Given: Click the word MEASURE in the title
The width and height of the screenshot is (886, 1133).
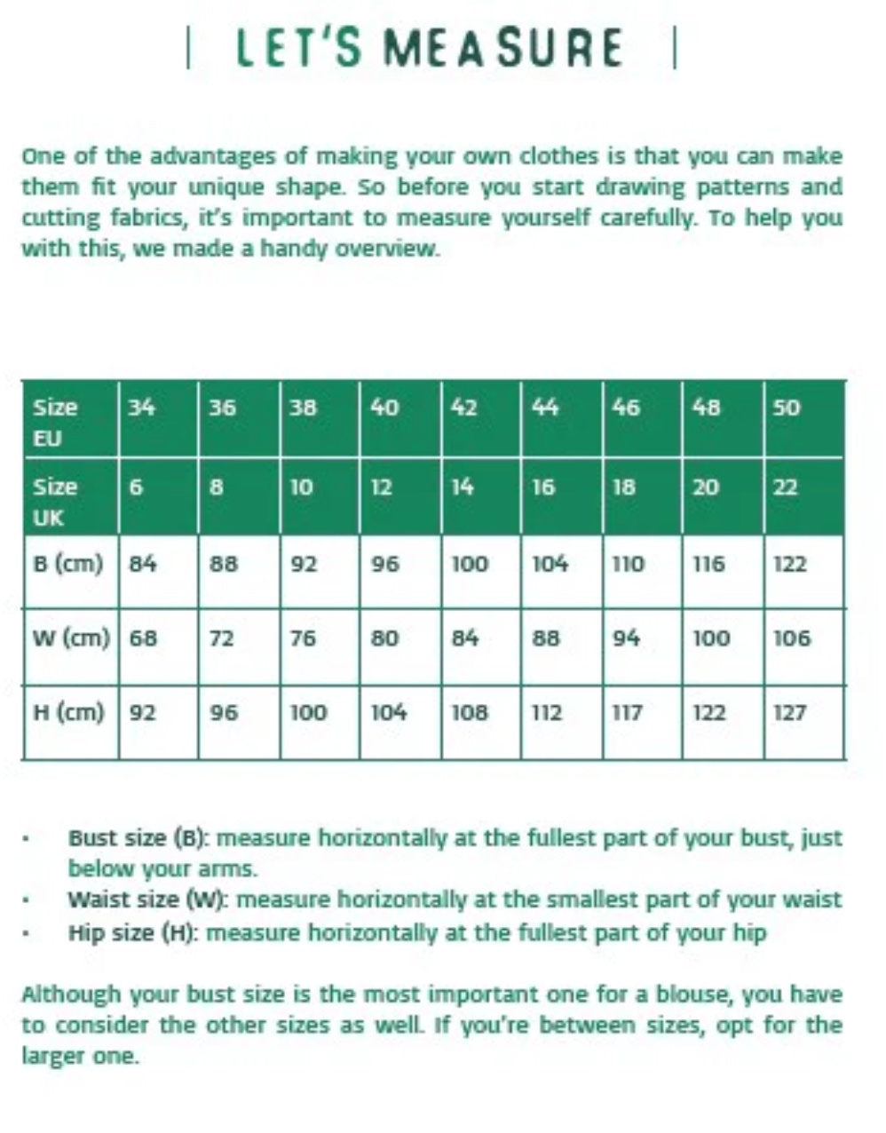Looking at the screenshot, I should pyautogui.click(x=502, y=48).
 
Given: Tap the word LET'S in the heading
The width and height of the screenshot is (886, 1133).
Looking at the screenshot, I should pyautogui.click(x=299, y=48).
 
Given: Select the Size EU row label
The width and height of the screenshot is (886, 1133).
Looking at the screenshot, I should pyautogui.click(x=55, y=422).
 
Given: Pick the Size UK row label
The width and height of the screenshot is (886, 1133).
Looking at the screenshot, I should pyautogui.click(x=55, y=501).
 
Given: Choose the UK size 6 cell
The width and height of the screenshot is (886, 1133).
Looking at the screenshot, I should pyautogui.click(x=136, y=487).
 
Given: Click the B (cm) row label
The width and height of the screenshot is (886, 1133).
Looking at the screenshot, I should pyautogui.click(x=67, y=564).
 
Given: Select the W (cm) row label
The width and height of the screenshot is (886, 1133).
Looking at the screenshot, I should pyautogui.click(x=70, y=638).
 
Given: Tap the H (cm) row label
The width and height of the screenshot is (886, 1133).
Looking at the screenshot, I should pyautogui.click(x=67, y=712).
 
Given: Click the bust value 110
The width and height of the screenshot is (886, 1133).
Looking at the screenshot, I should pyautogui.click(x=629, y=564).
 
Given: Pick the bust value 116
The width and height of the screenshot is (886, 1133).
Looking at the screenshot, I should pyautogui.click(x=708, y=564).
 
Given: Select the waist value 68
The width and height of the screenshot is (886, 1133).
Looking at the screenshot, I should pyautogui.click(x=144, y=638).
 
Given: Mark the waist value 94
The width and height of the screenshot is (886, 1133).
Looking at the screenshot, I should pyautogui.click(x=626, y=638).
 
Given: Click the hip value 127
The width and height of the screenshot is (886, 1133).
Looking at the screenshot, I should pyautogui.click(x=790, y=712).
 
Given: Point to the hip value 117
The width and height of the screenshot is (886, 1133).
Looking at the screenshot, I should pyautogui.click(x=628, y=712).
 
